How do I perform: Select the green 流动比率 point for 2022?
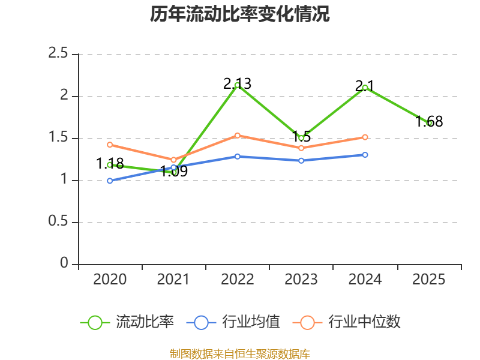[237, 85]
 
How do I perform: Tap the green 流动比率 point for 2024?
[365, 88]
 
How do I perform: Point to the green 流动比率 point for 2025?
[429, 123]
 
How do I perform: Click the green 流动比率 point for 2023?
[301, 138]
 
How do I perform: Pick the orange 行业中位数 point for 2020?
[110, 145]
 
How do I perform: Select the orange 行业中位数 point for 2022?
[237, 136]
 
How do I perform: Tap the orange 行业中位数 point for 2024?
[365, 137]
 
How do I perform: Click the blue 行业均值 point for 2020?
[110, 181]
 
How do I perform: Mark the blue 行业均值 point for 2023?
[301, 161]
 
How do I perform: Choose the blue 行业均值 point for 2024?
[365, 155]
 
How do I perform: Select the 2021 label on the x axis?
[173, 280]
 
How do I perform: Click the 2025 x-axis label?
[429, 280]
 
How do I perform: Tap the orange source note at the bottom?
[240, 353]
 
